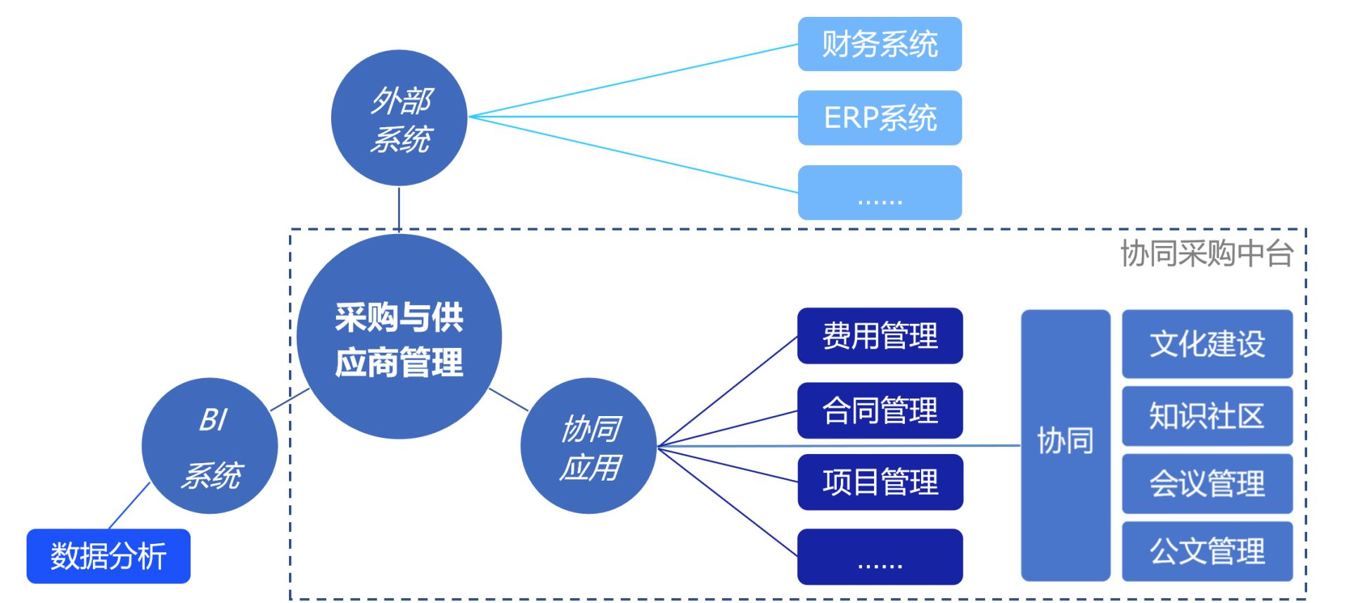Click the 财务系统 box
coord(880,44)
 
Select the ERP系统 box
coord(880,118)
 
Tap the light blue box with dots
coord(880,193)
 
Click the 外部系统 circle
coord(399,118)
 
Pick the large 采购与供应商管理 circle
coord(399,337)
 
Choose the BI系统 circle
coord(210,446)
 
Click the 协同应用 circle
coord(589,446)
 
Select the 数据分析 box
coord(108,556)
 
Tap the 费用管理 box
coord(880,336)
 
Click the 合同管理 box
coord(880,410)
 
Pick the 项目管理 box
coord(880,482)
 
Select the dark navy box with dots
coord(880,557)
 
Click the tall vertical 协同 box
coord(1065,446)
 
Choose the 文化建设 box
coord(1207,344)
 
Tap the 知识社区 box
coord(1207,416)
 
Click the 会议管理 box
coord(1207,484)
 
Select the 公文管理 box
coord(1207,551)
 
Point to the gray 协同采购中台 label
coord(1207,253)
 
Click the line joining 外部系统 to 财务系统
coord(633,81)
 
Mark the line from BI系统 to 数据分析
coord(129,505)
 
